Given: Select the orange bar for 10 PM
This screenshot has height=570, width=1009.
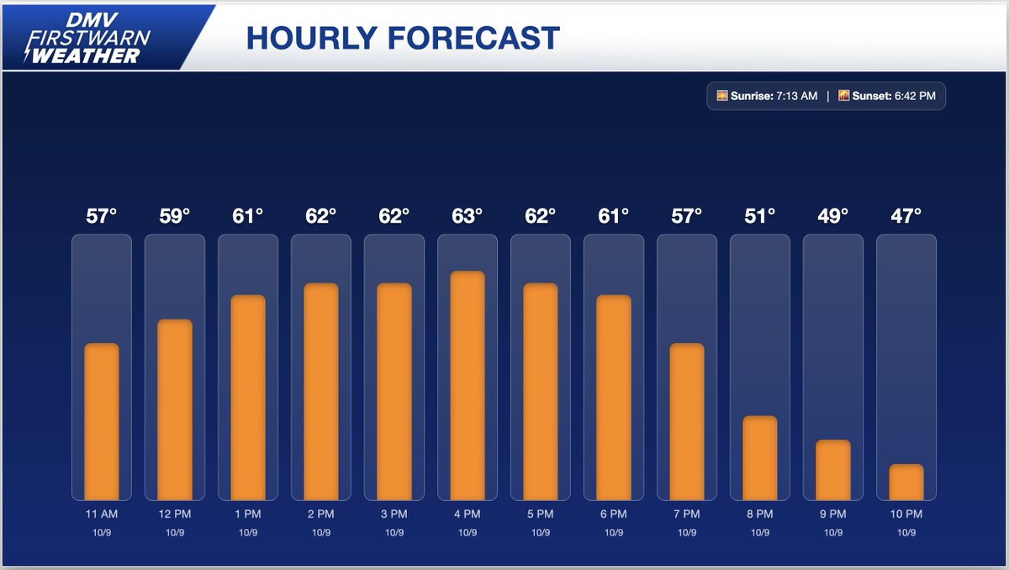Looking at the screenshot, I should [x=906, y=482].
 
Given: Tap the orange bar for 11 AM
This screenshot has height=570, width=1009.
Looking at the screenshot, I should [x=102, y=421].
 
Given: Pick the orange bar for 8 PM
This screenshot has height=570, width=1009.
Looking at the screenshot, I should [x=760, y=457].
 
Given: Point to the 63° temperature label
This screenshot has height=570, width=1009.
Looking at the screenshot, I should [x=468, y=216].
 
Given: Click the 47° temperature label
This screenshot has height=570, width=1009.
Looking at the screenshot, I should [x=906, y=216].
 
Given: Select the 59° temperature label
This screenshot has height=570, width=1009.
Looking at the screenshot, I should [x=175, y=216].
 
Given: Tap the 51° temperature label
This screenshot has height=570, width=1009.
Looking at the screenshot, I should [x=760, y=216].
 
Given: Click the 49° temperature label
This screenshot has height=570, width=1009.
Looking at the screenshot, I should [x=833, y=216].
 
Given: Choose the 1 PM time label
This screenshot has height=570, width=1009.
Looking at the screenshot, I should [x=248, y=514].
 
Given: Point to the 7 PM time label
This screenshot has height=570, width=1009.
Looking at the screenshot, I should [x=687, y=514].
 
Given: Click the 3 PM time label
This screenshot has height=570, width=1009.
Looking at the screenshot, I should [x=394, y=514].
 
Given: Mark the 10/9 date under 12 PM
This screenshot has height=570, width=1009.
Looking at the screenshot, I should [x=175, y=532].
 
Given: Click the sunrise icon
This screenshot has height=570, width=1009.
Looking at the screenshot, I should [x=721, y=96].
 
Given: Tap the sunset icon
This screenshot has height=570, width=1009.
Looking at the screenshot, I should [x=843, y=96].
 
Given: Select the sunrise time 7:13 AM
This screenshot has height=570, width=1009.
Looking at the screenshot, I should [x=795, y=96].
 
